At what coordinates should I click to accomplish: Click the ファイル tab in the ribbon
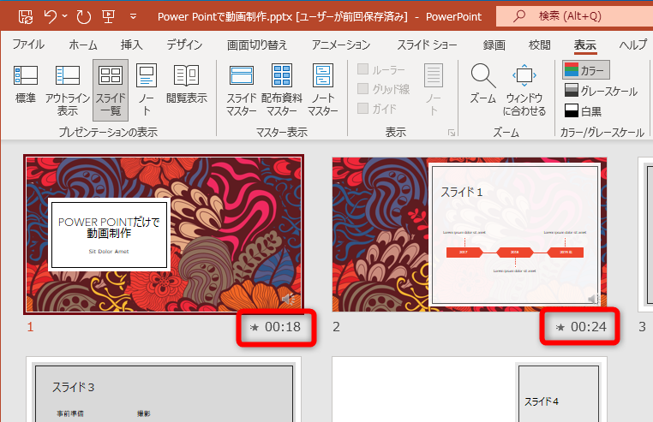pos(29,45)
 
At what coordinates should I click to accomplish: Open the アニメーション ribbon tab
pos(341,45)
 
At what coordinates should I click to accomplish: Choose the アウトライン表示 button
pos(68,89)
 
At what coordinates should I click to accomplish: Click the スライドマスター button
pos(242,89)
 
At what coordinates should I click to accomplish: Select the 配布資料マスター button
pos(281,89)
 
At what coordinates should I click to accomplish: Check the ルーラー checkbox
pos(363,69)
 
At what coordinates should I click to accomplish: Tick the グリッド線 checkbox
pos(363,88)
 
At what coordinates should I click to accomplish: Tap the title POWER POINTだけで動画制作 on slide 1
pos(110,227)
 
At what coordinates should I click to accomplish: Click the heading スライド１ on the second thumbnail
pos(462,193)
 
